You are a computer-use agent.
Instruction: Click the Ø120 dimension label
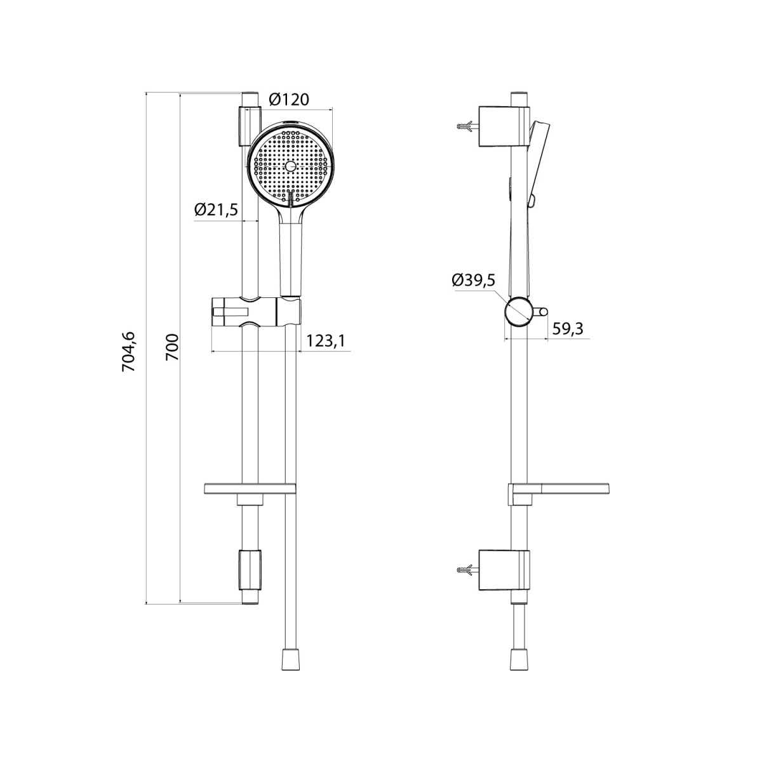coord(289,100)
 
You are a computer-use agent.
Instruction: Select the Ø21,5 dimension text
coord(216,209)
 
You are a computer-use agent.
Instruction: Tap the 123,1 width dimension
coord(326,340)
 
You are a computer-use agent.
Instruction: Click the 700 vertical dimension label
coord(172,347)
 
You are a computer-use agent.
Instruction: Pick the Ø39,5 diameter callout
coord(474,281)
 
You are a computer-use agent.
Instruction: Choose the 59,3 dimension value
coord(568,328)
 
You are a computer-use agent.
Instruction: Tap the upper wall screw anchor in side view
coord(468,127)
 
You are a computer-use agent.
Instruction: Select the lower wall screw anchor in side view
coord(468,570)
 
